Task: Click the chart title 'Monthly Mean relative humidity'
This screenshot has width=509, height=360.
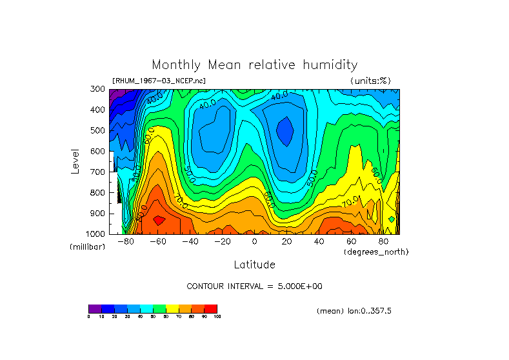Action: pyautogui.click(x=254, y=65)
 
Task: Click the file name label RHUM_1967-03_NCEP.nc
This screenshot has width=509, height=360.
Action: pyautogui.click(x=159, y=81)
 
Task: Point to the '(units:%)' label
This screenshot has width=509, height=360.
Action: pyautogui.click(x=370, y=81)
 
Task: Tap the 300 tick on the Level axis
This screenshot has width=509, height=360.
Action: pyautogui.click(x=98, y=89)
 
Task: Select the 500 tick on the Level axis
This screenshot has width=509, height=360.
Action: pyautogui.click(x=98, y=130)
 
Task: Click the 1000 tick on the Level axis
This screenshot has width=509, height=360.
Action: pyautogui.click(x=96, y=234)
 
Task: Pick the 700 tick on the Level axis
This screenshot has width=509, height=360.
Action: pyautogui.click(x=98, y=172)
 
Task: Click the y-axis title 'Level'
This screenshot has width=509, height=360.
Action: pyautogui.click(x=75, y=161)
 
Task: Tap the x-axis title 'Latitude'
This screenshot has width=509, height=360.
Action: pyautogui.click(x=254, y=265)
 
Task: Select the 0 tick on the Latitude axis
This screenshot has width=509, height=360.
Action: pyautogui.click(x=254, y=242)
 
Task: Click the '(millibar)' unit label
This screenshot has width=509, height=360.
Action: pyautogui.click(x=87, y=247)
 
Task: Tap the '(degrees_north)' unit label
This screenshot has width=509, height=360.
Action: pyautogui.click(x=376, y=252)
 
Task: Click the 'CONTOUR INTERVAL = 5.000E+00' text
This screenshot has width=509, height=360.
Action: pyautogui.click(x=254, y=286)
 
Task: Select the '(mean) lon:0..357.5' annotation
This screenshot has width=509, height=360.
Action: pyautogui.click(x=354, y=311)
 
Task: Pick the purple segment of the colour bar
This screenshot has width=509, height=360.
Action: pyautogui.click(x=95, y=308)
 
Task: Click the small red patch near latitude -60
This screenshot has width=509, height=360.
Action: pyautogui.click(x=159, y=220)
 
